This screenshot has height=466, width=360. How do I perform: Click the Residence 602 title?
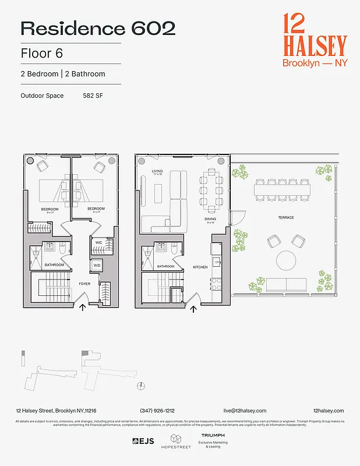[98, 28]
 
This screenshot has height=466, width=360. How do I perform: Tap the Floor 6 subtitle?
[41, 53]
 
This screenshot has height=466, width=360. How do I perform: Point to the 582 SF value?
[93, 96]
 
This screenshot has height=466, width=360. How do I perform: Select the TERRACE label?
[285, 218]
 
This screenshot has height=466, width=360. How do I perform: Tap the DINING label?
[210, 219]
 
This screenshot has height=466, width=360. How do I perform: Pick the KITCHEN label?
[200, 267]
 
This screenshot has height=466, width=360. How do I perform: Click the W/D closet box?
[97, 266]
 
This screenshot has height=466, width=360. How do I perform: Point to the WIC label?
[99, 242]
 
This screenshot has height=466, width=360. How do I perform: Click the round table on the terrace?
[286, 260]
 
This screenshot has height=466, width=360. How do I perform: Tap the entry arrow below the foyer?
[82, 307]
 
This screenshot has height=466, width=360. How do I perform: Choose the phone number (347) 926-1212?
[157, 411]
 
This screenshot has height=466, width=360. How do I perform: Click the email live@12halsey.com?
[245, 411]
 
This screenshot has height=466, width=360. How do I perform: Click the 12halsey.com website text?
[328, 411]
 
